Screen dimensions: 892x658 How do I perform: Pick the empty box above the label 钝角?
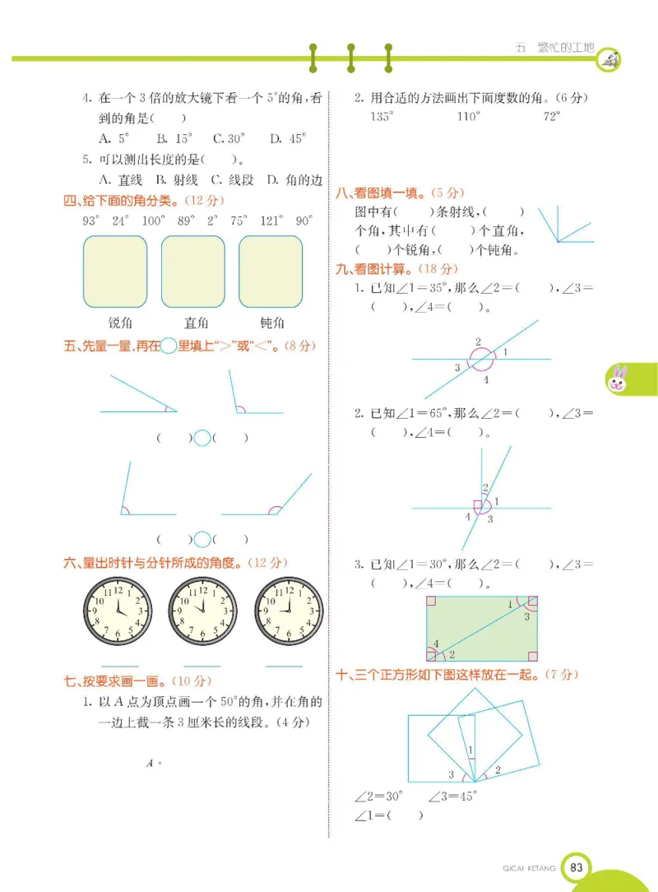(271, 272)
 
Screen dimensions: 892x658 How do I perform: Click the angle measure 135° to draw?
(382, 117)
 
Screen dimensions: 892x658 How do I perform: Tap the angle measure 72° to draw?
(551, 117)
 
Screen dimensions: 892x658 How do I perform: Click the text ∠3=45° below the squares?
(452, 796)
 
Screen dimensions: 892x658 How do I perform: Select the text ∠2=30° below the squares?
(379, 796)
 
